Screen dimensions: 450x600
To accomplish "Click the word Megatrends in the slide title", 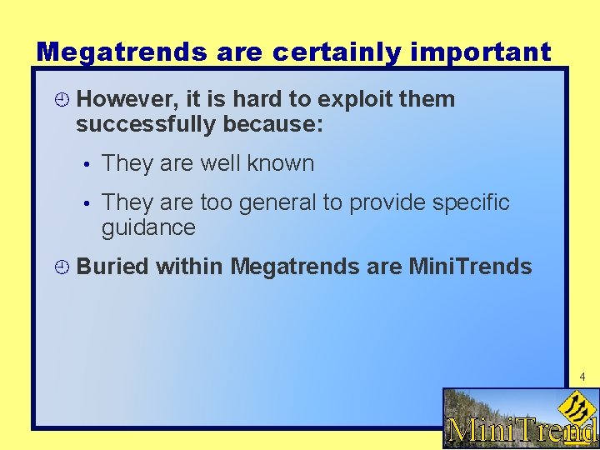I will pos(122,52).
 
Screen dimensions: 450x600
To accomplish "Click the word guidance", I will pos(148,227).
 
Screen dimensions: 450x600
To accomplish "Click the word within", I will pos(189,267).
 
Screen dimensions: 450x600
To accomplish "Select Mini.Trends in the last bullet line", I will pos(470,267).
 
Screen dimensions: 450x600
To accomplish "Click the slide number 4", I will pos(582,377).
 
